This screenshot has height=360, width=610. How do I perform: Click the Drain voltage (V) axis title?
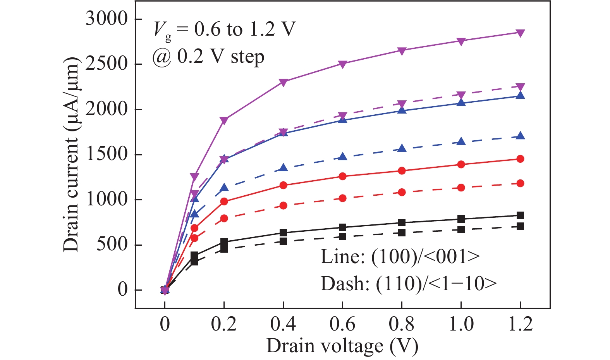342,346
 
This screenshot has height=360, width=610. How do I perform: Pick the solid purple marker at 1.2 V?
520,33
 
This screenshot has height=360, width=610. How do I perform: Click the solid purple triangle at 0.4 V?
283,82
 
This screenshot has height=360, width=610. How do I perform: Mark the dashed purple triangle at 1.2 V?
520,87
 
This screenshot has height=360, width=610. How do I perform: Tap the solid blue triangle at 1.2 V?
520,95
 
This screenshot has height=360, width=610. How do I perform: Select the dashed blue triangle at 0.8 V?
402,148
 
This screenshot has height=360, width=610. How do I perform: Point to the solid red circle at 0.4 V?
283,185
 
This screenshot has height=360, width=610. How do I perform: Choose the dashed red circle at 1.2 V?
520,183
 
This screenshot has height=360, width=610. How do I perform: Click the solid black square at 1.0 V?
461,219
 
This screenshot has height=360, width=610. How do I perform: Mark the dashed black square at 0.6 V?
342,236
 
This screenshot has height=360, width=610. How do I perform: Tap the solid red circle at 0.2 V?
224,202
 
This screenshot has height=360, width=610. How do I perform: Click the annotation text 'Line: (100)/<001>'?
400,257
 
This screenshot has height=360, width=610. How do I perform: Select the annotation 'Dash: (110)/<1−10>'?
408,284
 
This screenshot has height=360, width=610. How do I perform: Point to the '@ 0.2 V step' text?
208,57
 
